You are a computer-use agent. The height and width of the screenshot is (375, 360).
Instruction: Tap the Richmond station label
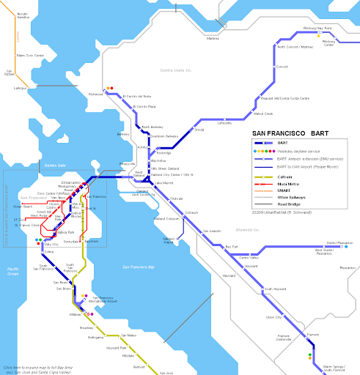click(97, 94)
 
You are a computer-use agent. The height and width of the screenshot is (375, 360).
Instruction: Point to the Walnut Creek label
click(263, 114)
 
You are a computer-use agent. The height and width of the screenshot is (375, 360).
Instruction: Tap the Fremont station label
click(313, 334)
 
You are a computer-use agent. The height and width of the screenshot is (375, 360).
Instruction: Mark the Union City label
click(273, 317)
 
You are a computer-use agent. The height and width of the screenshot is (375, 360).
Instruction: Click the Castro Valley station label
click(250, 259)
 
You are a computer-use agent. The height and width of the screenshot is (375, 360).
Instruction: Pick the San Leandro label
click(210, 231)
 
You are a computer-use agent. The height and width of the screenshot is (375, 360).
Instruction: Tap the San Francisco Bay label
click(140, 265)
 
